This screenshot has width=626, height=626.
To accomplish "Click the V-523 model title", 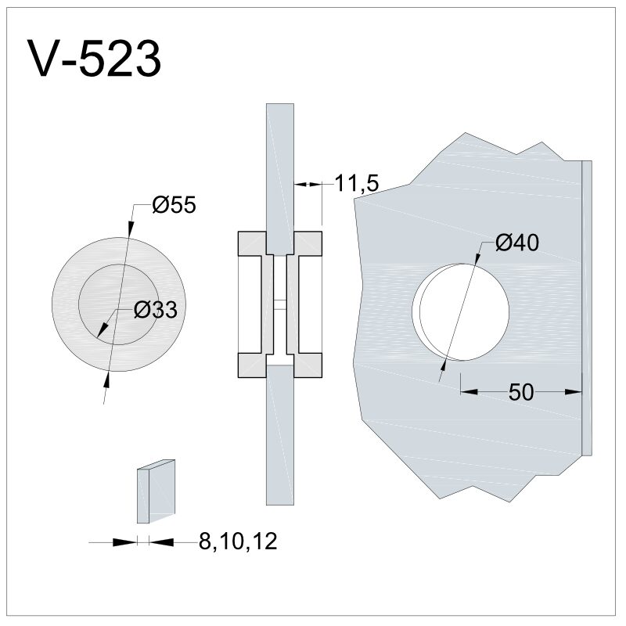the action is (94, 59).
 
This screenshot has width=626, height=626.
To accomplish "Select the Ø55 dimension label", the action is (174, 205).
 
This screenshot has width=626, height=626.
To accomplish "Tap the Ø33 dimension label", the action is (155, 309).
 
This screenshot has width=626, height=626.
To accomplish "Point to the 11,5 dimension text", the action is (356, 184).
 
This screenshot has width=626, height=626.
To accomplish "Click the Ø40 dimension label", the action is (517, 243).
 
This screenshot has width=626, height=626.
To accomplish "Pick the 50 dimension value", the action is (521, 392).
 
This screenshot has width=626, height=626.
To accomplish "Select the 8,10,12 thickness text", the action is (238, 541).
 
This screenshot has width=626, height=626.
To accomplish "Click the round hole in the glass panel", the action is (461, 311).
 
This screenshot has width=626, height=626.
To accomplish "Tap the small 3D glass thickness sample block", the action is (156, 491).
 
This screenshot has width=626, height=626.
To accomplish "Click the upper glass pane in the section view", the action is (280, 179).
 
